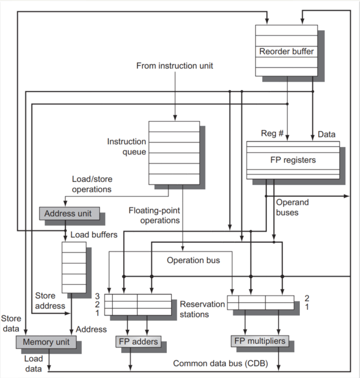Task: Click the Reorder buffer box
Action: [286, 51]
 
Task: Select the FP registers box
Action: [292, 160]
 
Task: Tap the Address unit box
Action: [68, 213]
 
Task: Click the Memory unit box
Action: [46, 342]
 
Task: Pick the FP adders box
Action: [137, 342]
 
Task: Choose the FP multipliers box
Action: [260, 341]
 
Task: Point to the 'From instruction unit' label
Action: [175, 66]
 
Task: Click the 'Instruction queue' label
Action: [127, 147]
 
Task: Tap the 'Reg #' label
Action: [272, 134]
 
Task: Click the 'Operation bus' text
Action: [193, 261]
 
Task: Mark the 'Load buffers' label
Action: [94, 235]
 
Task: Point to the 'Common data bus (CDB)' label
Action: [217, 364]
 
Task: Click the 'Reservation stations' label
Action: [202, 309]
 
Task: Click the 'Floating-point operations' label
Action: [155, 214]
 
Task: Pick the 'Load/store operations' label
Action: [92, 184]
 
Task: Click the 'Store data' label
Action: [11, 324]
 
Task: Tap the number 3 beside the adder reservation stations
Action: [98, 295]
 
